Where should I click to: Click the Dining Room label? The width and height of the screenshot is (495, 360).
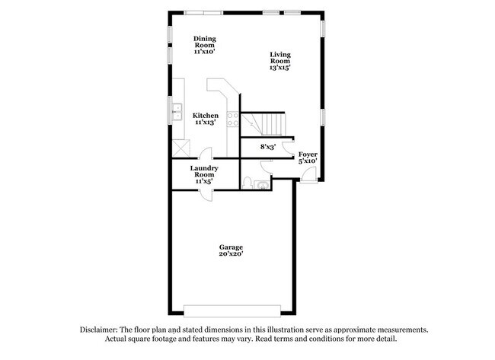(204, 45)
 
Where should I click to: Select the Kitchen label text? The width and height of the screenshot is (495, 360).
(206, 119)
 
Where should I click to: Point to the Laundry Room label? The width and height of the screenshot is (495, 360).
(204, 174)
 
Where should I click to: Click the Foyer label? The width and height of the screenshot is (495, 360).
(307, 158)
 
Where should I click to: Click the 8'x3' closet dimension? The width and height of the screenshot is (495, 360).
(267, 146)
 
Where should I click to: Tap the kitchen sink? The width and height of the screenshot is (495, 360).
(177, 112)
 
